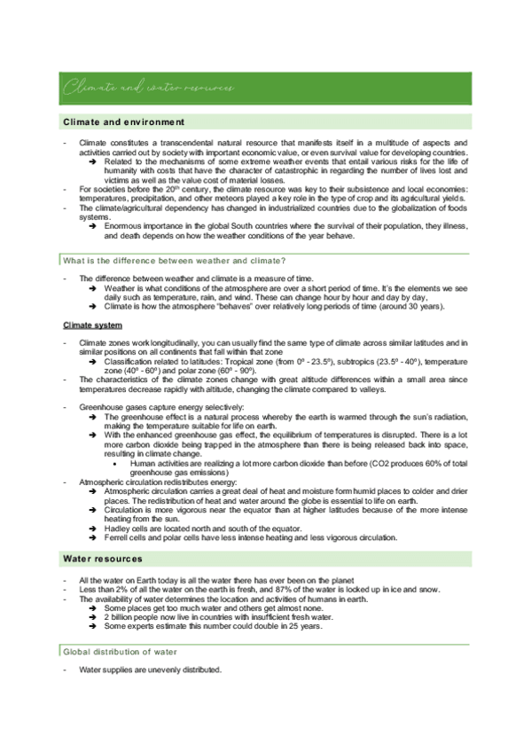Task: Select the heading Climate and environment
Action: (123, 121)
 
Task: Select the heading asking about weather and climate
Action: (174, 259)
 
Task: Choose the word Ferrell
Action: (119, 537)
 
